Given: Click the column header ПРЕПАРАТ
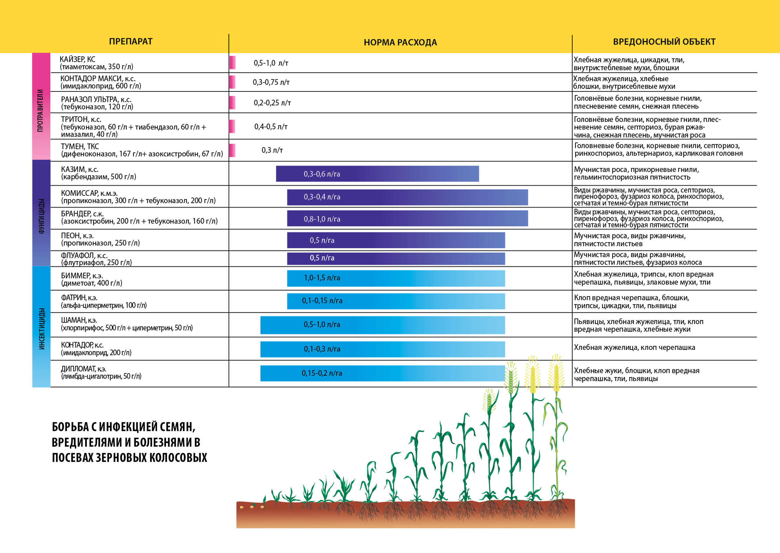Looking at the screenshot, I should tap(131, 42).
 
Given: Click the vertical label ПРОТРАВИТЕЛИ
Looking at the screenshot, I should tap(40, 111).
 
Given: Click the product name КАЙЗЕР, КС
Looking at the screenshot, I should tap(77, 59).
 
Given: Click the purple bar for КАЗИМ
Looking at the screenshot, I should tap(377, 174).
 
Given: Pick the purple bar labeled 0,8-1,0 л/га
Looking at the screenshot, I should tap(407, 219).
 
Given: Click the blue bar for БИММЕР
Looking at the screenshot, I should tap(396, 278).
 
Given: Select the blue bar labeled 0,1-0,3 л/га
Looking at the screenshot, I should tap(382, 349).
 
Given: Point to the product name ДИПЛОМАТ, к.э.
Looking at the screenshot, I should tap(84, 369).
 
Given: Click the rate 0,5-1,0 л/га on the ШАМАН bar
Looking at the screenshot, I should tap(322, 325).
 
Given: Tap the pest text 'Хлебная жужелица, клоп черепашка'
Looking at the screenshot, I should tap(634, 347).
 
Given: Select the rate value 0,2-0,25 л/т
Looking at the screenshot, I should tap(272, 103).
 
